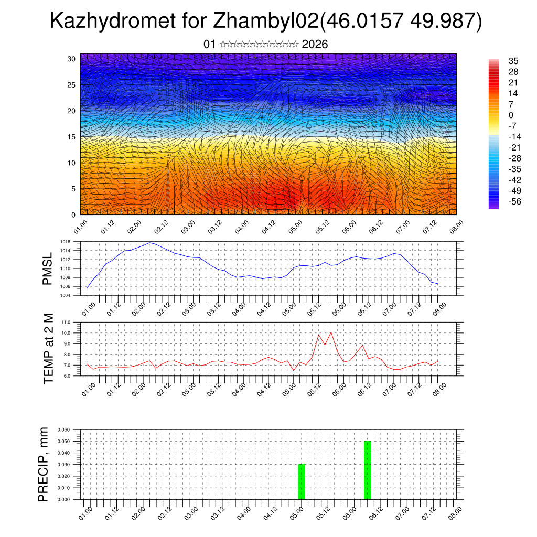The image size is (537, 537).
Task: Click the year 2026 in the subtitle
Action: tap(315, 44)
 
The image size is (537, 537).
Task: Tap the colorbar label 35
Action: tap(513, 61)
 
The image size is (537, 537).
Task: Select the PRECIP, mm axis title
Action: tap(44, 464)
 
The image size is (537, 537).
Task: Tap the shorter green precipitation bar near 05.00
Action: tap(301, 481)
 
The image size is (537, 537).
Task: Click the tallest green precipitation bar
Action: tap(367, 470)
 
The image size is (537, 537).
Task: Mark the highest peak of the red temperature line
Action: tap(331, 332)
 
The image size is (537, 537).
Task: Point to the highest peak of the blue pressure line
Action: tap(151, 242)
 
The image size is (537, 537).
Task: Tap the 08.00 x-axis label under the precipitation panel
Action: tap(454, 512)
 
